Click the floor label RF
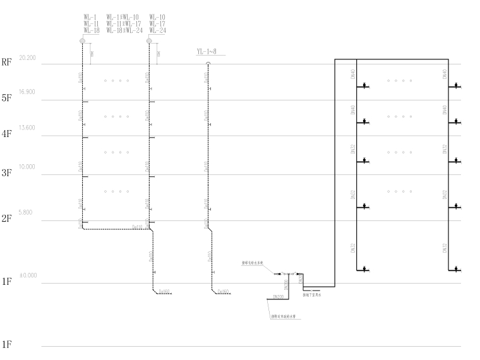coord(7,62)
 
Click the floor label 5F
coord(7,99)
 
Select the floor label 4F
coord(7,134)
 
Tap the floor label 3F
coord(7,172)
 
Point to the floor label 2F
coord(7,219)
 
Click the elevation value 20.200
coord(28,58)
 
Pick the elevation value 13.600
coord(28,128)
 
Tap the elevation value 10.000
coord(28,167)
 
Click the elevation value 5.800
coord(27,213)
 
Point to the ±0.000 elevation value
coord(28,275)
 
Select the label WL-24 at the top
coord(157,30)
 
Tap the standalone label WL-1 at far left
coord(91,16)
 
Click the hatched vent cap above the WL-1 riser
coord(83,41)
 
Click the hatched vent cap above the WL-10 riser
coord(149,41)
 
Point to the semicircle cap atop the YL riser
coord(208,64)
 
